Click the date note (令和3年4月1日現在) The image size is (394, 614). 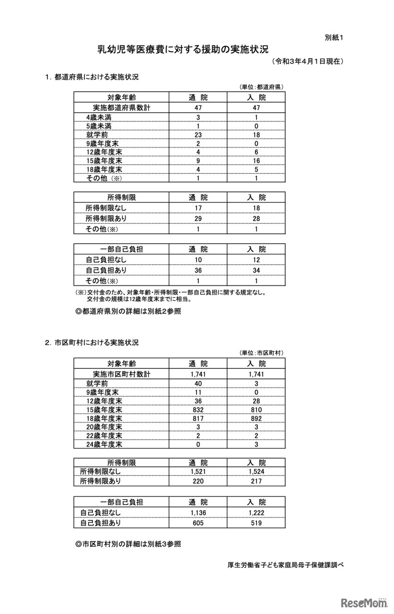(x=307, y=61)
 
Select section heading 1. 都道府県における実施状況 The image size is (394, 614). (x=92, y=77)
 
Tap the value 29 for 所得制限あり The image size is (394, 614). (x=197, y=218)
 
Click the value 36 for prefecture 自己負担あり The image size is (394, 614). (x=197, y=270)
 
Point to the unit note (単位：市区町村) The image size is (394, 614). (x=262, y=353)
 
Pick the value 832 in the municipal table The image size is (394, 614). (x=197, y=410)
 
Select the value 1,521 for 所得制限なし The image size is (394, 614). (x=197, y=472)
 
